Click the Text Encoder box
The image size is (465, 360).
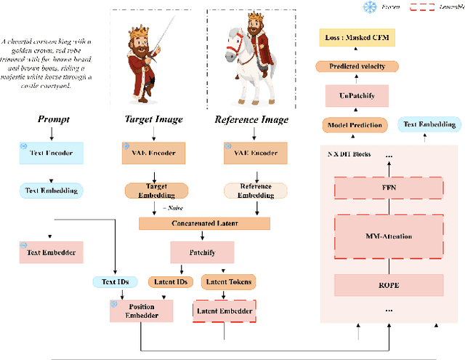(x=51, y=153)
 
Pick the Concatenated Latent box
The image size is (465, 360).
(x=203, y=224)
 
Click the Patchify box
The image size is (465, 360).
(x=203, y=253)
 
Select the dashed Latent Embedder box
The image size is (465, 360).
(x=225, y=311)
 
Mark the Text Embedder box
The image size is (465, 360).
(x=51, y=252)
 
